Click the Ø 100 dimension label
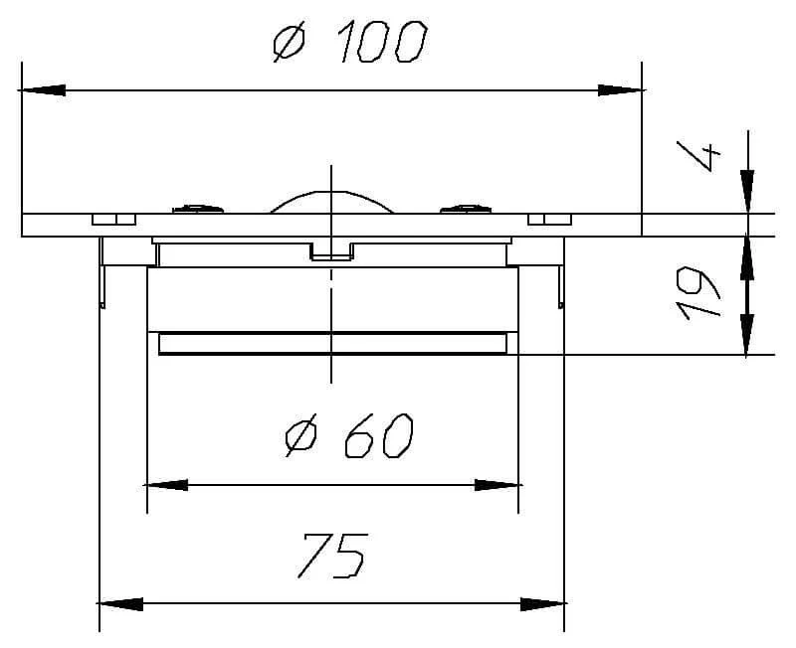(349, 42)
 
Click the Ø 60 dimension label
(348, 435)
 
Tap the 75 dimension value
(333, 556)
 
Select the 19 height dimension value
(699, 293)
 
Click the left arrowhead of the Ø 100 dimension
(42, 90)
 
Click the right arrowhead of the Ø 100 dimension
(621, 90)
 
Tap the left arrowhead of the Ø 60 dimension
(166, 485)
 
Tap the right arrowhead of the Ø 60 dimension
(497, 485)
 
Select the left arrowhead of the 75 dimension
(119, 604)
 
